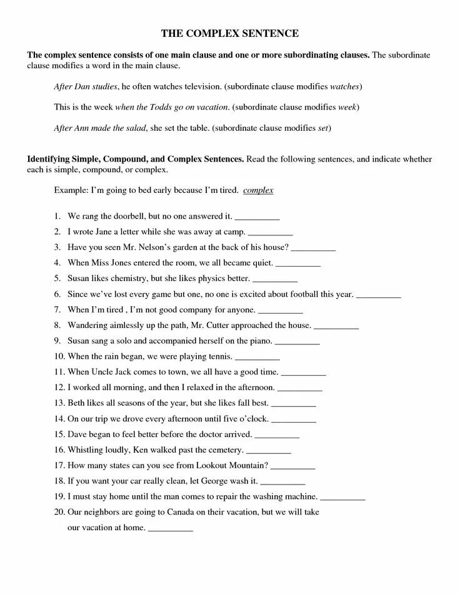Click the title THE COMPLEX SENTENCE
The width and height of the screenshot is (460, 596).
pos(230,33)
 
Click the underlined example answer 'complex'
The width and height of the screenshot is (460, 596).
pos(258,190)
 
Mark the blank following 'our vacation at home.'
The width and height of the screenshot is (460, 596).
pos(171,528)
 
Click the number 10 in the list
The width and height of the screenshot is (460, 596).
pos(59,356)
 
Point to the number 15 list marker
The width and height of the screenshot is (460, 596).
pos(59,434)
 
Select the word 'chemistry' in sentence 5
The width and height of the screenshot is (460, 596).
pos(126,278)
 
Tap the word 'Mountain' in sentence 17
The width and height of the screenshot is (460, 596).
pos(249,465)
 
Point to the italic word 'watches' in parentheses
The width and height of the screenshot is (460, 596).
pos(344,85)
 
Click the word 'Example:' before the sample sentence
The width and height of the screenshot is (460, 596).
pos(71,190)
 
